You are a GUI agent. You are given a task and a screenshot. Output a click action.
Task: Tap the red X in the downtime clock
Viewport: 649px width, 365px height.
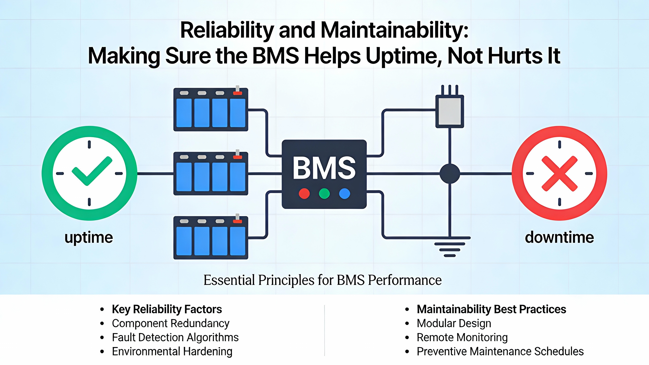coord(559,173)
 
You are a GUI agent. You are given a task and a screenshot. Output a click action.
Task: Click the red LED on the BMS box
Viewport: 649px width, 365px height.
coord(304,194)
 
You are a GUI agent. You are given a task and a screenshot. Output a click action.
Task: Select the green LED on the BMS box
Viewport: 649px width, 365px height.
coord(324,194)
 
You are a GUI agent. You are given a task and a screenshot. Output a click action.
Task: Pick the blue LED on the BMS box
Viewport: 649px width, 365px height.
coord(345,194)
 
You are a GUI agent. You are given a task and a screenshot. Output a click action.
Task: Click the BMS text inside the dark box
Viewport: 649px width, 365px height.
coord(324,168)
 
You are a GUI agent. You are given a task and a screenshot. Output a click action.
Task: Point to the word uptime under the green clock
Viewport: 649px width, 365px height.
coord(89,238)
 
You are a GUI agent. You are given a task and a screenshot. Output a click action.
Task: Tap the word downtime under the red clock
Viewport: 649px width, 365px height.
coord(559,238)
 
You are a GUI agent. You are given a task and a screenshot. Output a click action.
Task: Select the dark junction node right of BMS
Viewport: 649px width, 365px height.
coord(450,174)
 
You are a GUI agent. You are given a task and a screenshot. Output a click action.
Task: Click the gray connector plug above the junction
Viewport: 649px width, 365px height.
coord(450,111)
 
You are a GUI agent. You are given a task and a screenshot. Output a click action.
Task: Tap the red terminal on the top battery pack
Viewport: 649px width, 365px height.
coord(238,93)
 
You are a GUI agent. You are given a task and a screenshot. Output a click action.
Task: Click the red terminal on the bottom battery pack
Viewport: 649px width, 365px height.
coord(238,221)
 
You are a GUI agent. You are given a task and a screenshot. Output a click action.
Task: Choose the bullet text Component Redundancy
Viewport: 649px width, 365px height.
coord(171,323)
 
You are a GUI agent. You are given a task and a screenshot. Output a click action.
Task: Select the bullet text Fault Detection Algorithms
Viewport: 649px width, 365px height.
coord(175,338)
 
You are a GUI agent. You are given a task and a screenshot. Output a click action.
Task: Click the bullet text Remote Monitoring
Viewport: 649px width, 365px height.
coord(462,338)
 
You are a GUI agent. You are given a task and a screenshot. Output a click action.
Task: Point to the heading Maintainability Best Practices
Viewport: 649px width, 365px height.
coord(491,309)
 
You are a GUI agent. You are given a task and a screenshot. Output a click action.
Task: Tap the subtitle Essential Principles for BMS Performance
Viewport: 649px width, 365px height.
coord(322,280)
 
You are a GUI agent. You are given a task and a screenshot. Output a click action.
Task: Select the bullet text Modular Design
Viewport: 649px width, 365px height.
coord(454,323)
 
